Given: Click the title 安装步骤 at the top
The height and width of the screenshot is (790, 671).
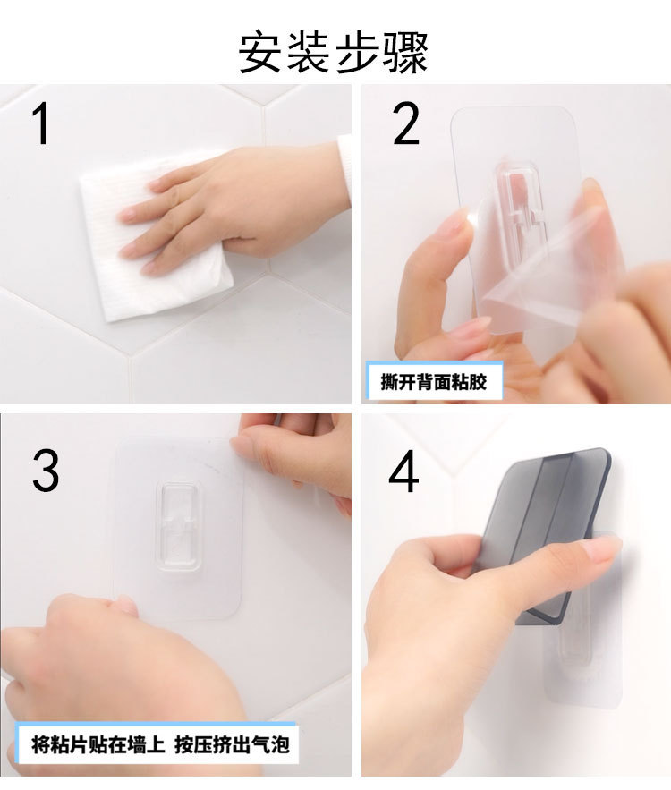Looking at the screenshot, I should (333, 52).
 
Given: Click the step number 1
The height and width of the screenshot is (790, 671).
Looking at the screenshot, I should (40, 125).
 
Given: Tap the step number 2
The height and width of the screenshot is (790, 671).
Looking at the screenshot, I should (406, 125).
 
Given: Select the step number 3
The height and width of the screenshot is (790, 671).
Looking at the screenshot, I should (47, 471).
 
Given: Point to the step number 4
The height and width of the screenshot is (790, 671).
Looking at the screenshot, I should (403, 473).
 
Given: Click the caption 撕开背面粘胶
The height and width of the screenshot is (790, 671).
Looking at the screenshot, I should (435, 382).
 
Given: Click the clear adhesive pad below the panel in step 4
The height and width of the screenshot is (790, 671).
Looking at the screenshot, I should (582, 662).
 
